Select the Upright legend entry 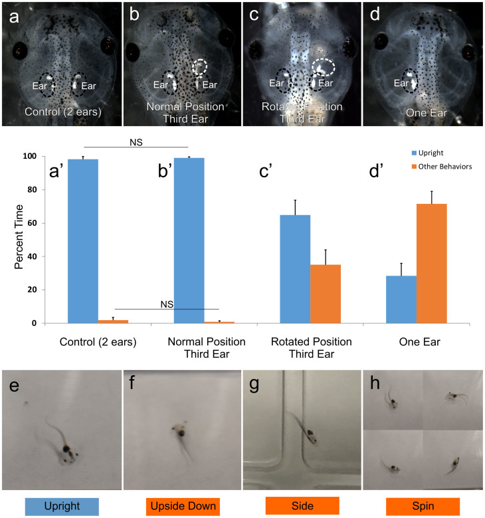click(x=424, y=153)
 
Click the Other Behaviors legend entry click(x=436, y=167)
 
